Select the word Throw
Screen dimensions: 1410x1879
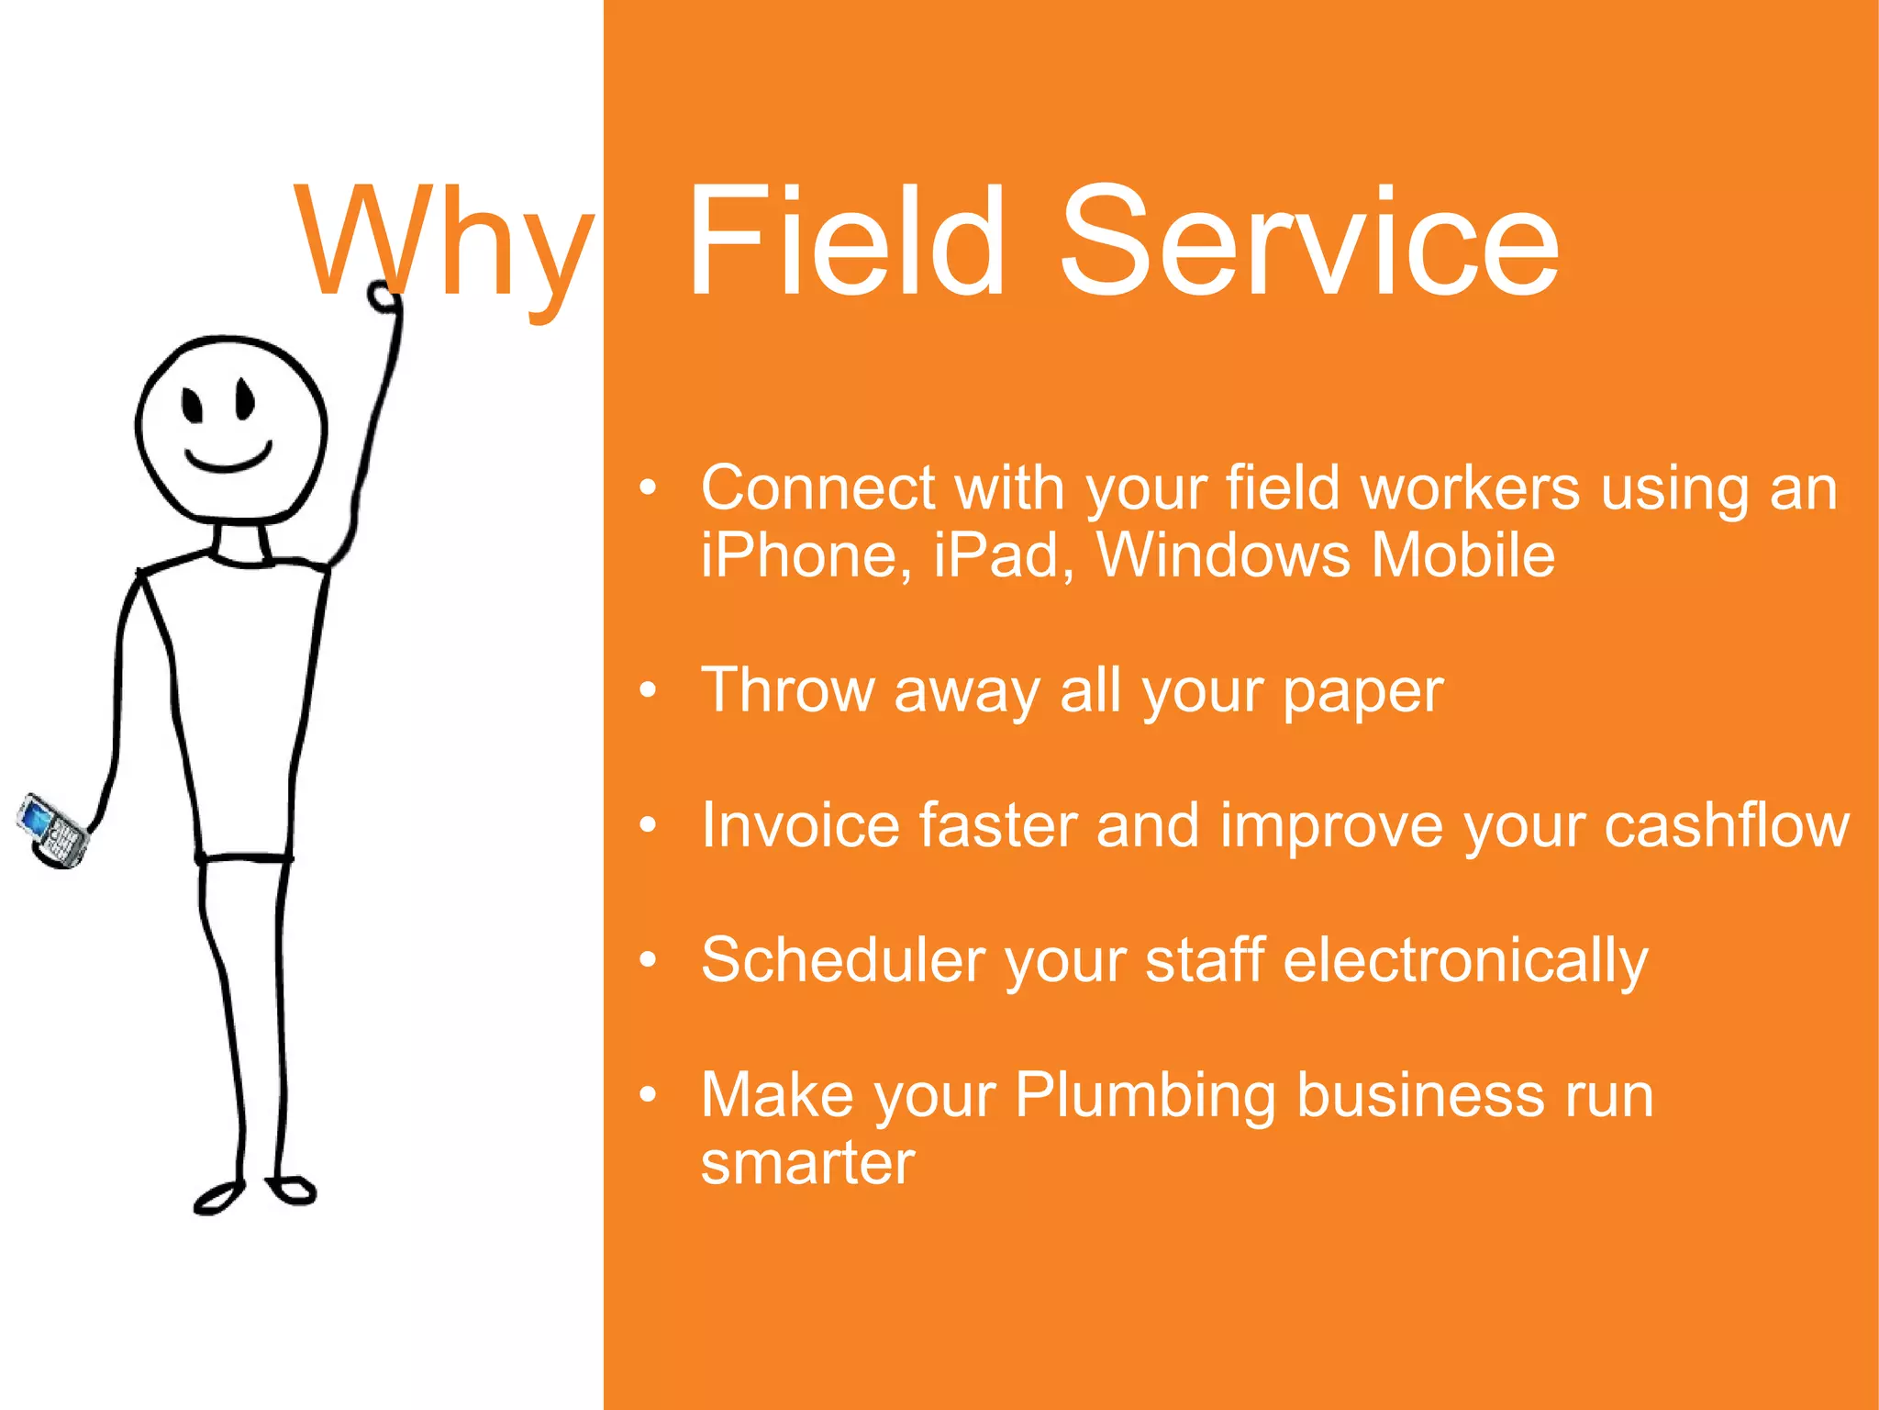pyautogui.click(x=787, y=690)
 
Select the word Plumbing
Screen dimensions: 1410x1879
pyautogui.click(x=1145, y=1096)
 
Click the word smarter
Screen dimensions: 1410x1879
pyautogui.click(x=807, y=1164)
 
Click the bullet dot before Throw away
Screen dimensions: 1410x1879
pyautogui.click(x=649, y=690)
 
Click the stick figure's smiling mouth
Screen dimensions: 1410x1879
pyautogui.click(x=228, y=459)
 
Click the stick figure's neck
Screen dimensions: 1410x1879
pyautogui.click(x=240, y=543)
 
